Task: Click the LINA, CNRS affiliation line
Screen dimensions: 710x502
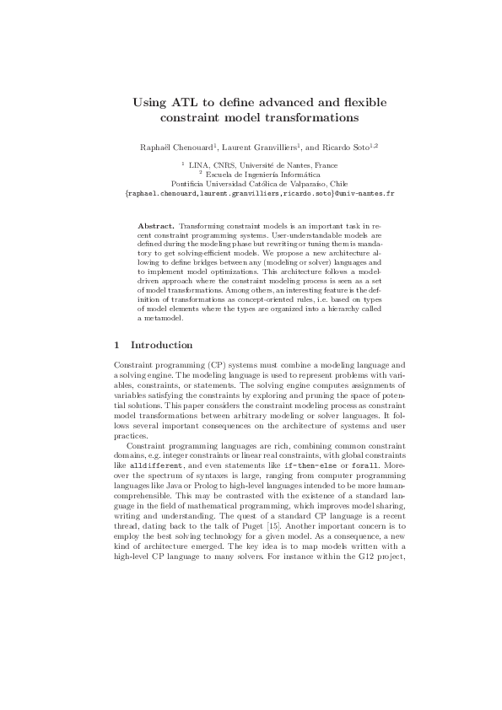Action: click(x=251, y=166)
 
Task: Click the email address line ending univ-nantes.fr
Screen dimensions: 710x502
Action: click(x=251, y=193)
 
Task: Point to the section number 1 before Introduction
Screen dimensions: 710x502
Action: click(x=116, y=345)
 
